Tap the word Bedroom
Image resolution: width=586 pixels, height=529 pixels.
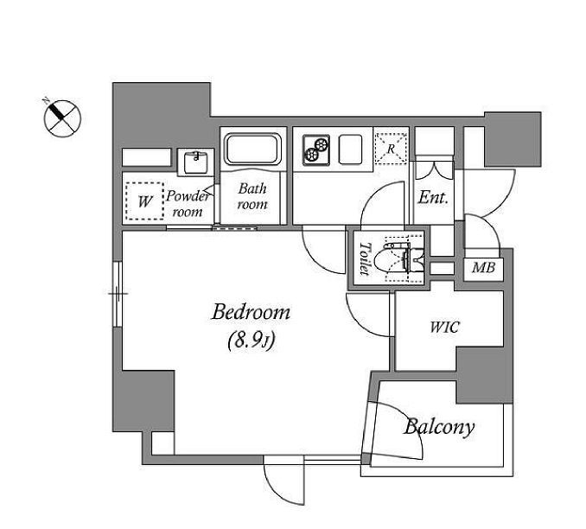251,313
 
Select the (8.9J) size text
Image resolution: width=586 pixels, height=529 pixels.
251,341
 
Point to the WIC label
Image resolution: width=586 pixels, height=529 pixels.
445,328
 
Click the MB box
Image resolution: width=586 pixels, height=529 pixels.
483,269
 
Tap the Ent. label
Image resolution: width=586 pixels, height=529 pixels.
433,197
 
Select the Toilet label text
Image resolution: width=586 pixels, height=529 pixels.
363,257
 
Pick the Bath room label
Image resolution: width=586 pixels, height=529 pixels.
252,196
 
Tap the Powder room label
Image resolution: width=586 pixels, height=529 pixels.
188,203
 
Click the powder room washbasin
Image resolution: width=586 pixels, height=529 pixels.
196,161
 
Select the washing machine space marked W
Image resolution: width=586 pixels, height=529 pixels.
143,204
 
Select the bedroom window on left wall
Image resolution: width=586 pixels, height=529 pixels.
116,294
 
